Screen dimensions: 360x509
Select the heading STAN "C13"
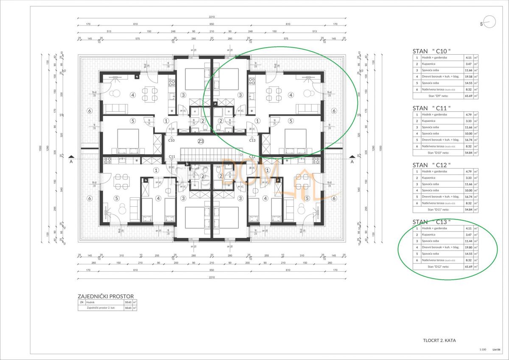point(431,222)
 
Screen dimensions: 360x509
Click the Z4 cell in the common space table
point(81,302)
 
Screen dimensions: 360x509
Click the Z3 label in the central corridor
point(201,141)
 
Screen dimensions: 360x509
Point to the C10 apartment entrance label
point(172,140)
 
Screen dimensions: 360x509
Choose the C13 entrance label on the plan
point(252,140)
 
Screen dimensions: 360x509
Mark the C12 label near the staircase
point(252,157)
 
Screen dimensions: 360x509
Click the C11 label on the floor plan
point(172,157)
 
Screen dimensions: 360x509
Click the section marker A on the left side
point(72,162)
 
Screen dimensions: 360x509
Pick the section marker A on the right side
point(352,162)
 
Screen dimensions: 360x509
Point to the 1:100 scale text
point(482,349)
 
